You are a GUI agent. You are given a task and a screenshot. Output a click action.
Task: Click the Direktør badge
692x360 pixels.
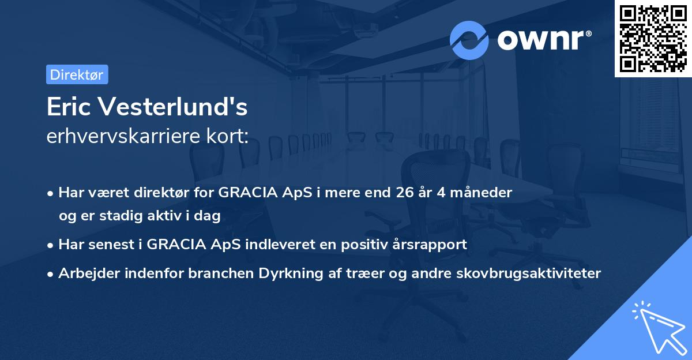click(77, 74)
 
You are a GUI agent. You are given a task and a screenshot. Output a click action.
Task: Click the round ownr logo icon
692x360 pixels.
click(469, 40)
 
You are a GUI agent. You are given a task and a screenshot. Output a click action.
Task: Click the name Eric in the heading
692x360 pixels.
click(69, 106)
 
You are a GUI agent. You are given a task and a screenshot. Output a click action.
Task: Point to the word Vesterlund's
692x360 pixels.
click(172, 106)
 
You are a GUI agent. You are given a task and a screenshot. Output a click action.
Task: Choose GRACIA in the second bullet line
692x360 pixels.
click(171, 245)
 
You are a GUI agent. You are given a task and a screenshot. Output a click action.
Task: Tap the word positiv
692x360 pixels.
click(367, 245)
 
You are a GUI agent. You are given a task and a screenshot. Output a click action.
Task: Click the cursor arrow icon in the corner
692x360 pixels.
click(657, 327)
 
